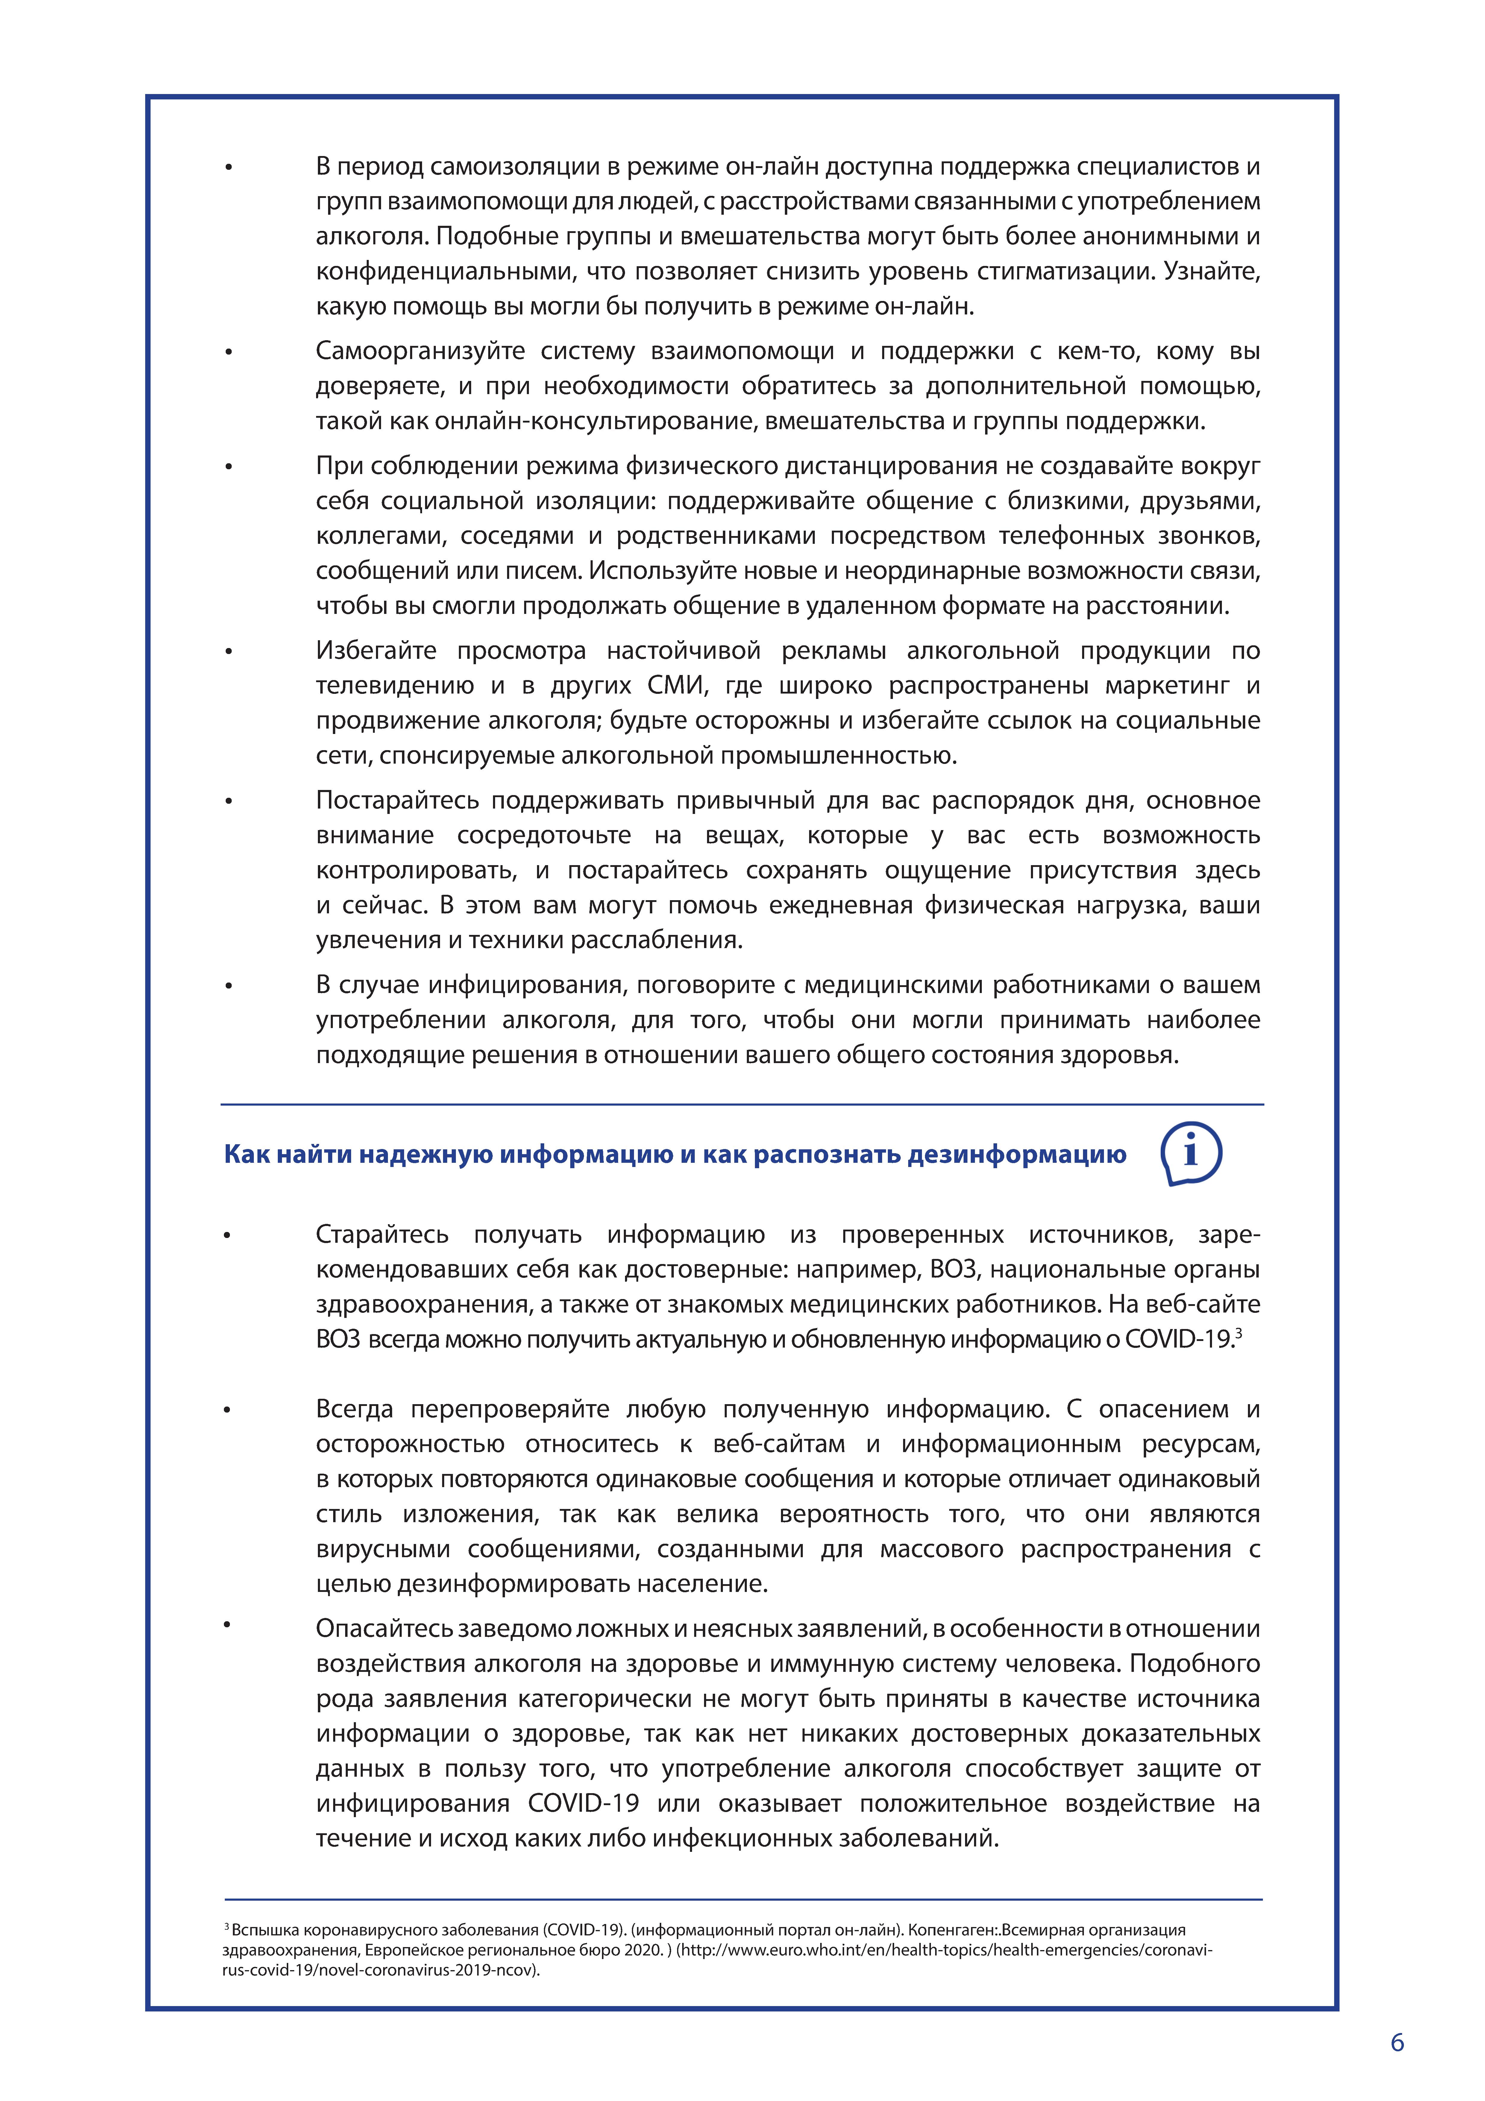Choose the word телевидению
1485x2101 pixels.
[394, 685]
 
